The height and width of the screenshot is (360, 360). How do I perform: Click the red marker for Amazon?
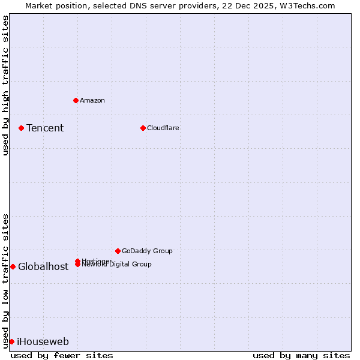[x=76, y=100]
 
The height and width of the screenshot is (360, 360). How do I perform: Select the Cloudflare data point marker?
[x=143, y=128]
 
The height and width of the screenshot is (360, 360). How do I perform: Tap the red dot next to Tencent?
[x=21, y=128]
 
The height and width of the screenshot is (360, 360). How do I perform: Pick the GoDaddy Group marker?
[x=118, y=251]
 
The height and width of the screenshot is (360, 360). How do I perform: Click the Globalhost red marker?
[x=13, y=266]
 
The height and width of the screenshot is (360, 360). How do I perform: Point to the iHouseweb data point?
[x=11, y=341]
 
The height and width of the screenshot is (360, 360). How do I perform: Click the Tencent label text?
[x=45, y=128]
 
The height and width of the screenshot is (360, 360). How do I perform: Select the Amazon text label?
[x=92, y=100]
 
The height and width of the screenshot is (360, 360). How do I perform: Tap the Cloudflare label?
[x=163, y=128]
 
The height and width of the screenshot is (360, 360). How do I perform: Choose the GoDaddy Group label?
[x=147, y=251]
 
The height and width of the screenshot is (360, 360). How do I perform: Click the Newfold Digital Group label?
[x=117, y=265]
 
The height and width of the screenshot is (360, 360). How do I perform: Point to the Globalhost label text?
[x=43, y=267]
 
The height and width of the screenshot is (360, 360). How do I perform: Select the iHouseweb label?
[x=43, y=342]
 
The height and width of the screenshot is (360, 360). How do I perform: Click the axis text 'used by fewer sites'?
[x=62, y=355]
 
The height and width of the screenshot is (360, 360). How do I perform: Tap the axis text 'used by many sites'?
[x=301, y=355]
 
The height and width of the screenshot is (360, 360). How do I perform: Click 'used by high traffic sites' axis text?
[x=6, y=85]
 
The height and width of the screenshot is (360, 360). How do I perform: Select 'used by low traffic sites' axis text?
[x=6, y=280]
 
